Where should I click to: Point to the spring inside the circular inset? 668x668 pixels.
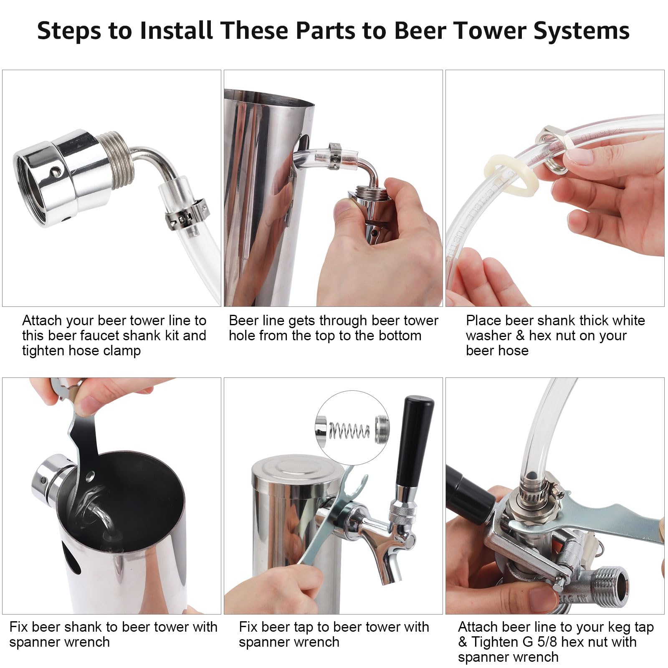[x=349, y=430]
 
